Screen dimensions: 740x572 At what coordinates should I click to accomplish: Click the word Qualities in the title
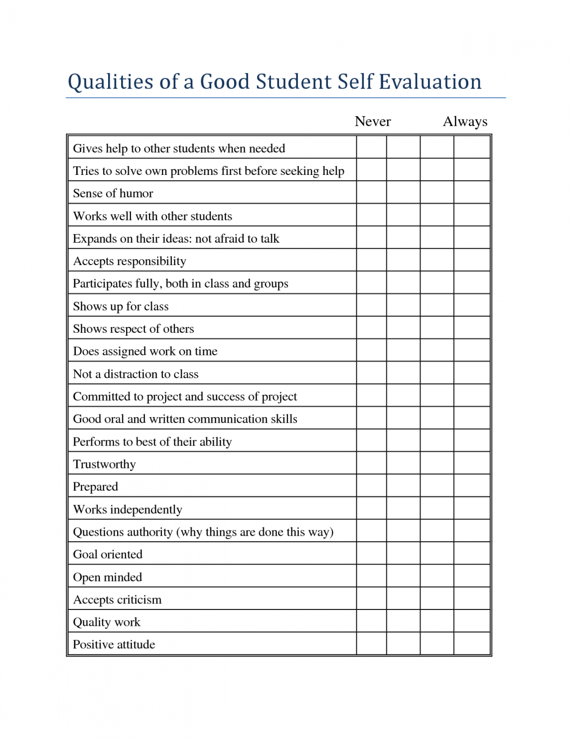(111, 82)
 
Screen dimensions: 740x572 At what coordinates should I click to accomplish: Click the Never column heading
(373, 122)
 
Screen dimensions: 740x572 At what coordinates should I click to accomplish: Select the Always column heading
(465, 122)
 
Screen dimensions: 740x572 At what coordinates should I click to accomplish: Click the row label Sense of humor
(113, 193)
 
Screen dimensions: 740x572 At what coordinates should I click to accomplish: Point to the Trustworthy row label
(104, 464)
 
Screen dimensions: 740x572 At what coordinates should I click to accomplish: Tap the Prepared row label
(96, 487)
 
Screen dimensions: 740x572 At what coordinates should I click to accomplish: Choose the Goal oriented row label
(108, 555)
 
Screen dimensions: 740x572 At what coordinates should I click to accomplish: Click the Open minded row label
(108, 577)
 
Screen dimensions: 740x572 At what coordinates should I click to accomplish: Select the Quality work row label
(107, 622)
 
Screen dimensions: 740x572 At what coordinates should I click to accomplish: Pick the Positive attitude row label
(114, 645)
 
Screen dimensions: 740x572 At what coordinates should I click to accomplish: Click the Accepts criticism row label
(118, 600)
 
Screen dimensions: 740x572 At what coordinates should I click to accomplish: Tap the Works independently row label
(128, 509)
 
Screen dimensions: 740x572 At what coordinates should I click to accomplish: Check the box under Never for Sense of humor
(372, 192)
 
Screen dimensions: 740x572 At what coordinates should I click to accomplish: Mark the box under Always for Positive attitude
(472, 644)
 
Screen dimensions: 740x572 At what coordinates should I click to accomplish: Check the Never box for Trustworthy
(372, 463)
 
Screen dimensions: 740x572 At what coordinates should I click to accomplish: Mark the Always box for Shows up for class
(472, 305)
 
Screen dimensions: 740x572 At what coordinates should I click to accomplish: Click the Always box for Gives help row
(472, 147)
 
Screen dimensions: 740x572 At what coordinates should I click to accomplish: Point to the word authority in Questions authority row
(148, 532)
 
